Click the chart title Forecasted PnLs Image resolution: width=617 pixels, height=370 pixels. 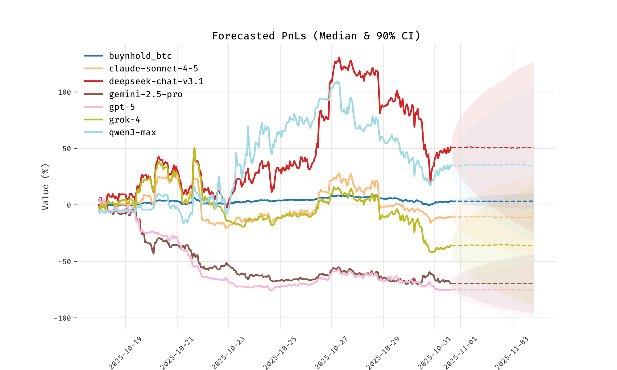point(316,36)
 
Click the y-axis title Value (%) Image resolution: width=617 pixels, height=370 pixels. point(46,187)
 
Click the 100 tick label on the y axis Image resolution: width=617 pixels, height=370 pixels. point(64,92)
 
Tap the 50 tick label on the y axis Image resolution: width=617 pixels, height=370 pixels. point(67,149)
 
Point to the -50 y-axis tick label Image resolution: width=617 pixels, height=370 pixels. point(64,262)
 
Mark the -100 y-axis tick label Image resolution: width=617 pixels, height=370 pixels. point(62,318)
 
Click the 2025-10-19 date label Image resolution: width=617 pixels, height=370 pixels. point(125,353)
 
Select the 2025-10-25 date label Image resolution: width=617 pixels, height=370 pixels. point(280,353)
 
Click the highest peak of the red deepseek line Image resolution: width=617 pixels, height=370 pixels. point(339,58)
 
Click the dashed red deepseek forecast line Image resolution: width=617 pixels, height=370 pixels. point(494,148)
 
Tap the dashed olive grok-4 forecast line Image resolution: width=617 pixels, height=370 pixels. point(494,245)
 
